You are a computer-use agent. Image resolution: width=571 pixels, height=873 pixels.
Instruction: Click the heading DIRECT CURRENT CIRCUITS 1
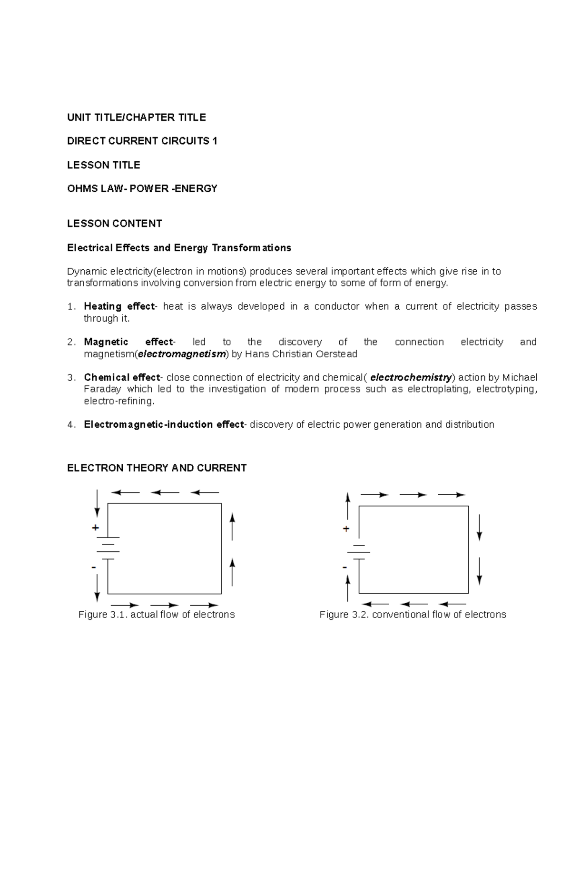[142, 141]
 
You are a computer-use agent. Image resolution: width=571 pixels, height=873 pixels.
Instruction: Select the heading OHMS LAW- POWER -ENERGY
[142, 188]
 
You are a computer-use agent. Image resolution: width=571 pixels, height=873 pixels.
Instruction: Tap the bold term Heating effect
[119, 306]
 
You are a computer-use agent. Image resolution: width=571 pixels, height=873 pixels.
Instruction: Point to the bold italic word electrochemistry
[411, 377]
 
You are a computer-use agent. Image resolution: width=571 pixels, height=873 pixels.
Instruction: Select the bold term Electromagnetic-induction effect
[164, 424]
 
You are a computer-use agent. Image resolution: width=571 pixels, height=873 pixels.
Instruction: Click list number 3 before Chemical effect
[71, 378]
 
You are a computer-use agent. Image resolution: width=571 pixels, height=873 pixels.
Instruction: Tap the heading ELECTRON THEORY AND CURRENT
[157, 468]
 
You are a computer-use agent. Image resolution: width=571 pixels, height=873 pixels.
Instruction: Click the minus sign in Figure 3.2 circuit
[345, 567]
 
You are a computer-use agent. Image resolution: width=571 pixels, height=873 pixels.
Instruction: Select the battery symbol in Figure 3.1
[108, 548]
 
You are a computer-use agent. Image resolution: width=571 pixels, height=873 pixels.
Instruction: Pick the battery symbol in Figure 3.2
[359, 552]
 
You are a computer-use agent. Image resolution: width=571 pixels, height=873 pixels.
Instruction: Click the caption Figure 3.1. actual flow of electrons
[157, 615]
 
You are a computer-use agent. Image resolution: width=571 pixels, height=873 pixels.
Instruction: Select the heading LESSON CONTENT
[114, 224]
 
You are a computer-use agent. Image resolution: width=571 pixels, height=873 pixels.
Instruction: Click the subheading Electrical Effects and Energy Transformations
[179, 248]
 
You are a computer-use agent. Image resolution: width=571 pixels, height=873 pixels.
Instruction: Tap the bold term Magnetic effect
[129, 342]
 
